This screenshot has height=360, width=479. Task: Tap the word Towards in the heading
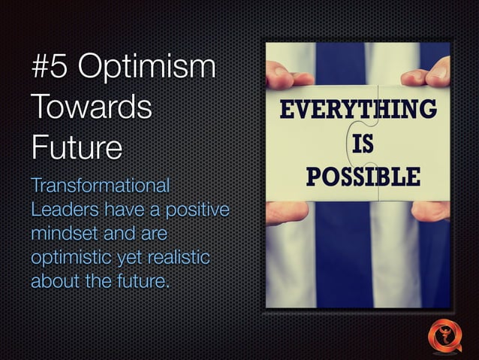pyautogui.click(x=91, y=107)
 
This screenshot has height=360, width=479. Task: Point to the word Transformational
pyautogui.click(x=101, y=185)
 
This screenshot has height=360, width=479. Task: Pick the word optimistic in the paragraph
pyautogui.click(x=72, y=258)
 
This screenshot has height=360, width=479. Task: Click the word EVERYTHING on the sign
pyautogui.click(x=357, y=110)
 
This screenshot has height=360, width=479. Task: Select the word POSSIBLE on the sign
pyautogui.click(x=363, y=177)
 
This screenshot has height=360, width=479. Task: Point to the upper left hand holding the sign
pyautogui.click(x=284, y=76)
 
